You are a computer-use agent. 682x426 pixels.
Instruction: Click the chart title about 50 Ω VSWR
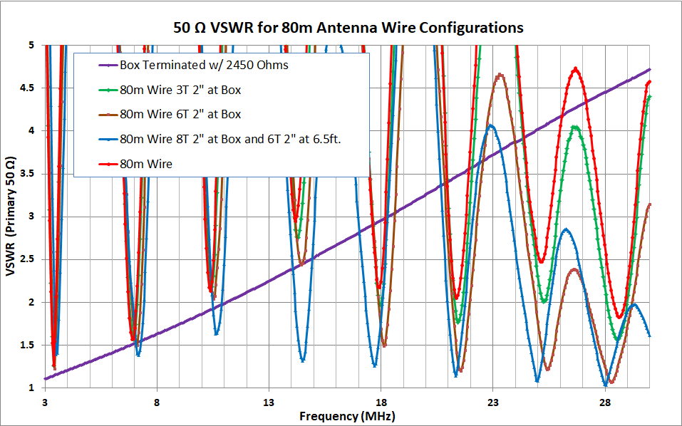[x=348, y=28]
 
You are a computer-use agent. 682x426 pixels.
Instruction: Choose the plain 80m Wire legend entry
[x=146, y=164]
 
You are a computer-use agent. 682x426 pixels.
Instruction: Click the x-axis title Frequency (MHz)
[x=347, y=415]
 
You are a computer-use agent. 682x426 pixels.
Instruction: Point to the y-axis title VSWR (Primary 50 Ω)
[x=13, y=217]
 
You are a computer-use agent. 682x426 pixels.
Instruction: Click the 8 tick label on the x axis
[x=157, y=401]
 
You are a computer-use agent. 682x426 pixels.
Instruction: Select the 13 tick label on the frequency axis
[x=269, y=401]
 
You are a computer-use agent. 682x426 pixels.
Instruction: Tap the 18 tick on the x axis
[x=381, y=401]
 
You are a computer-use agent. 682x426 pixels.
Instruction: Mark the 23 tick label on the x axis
[x=493, y=401]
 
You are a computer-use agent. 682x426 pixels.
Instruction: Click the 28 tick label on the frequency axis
[x=605, y=401]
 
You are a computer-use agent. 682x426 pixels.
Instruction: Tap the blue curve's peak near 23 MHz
[x=491, y=125]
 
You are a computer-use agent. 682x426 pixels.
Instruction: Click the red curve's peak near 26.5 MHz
[x=575, y=68]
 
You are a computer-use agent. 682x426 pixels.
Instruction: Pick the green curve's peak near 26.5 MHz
[x=574, y=127]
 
